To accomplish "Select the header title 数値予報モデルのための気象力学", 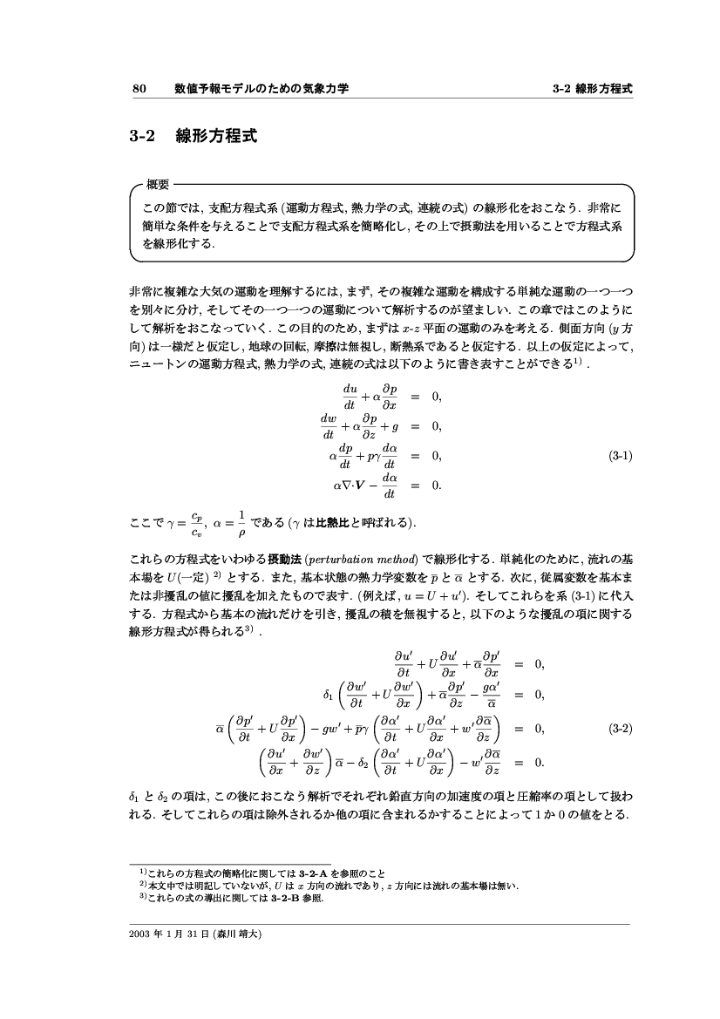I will pos(262,89).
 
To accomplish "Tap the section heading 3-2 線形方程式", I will pos(193,137).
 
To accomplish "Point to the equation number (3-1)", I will pos(621,455).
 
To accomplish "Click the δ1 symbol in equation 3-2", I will pos(329,695).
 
